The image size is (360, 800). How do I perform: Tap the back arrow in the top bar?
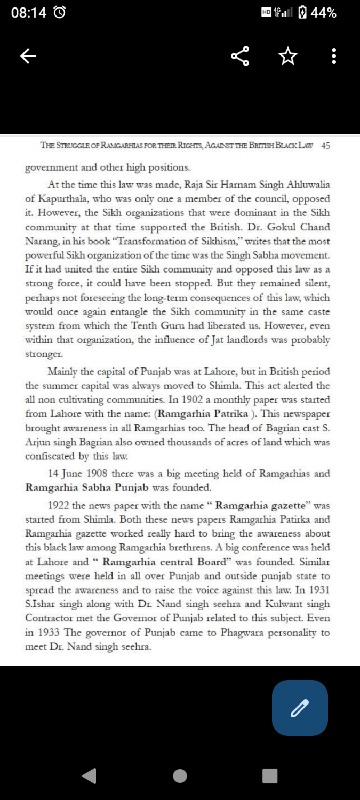point(28,55)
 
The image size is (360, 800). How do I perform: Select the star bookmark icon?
point(287,55)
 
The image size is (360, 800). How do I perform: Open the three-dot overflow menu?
point(334,55)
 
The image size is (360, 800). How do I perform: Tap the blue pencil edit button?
point(300,708)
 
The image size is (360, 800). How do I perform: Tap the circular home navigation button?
point(180,775)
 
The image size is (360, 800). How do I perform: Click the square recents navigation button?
point(270,775)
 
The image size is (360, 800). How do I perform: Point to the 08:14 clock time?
point(29,13)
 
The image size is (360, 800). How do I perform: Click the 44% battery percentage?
point(324,13)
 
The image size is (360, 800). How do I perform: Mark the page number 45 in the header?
point(326,145)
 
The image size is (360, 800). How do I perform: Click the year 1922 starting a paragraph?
point(58,505)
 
